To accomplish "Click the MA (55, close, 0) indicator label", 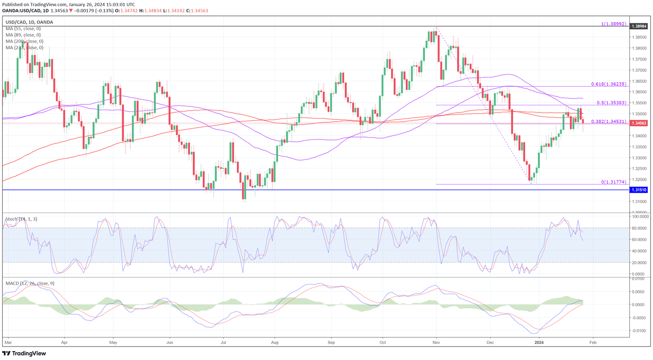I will coord(23,28).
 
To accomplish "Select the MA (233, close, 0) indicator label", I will coord(24,48).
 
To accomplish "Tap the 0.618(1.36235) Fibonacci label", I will coord(609,84).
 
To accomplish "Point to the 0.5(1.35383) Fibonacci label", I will coord(612,103).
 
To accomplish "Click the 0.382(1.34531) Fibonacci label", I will coord(609,121).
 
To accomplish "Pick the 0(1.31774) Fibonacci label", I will coord(613,182).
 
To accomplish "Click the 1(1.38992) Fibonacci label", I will coord(613,23).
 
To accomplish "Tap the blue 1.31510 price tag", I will coord(639,190).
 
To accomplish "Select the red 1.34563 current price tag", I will coord(639,123).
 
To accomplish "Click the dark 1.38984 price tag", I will coord(639,27).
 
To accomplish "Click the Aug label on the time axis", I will coord(275,342).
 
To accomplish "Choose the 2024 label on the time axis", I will coord(539,342).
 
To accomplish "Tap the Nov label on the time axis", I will coord(437,342).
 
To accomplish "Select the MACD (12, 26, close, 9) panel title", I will coord(29,283).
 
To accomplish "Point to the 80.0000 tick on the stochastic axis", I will coord(640,228).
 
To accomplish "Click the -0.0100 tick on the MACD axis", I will coord(640,331).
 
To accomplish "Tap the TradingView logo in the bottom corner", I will coord(24,353).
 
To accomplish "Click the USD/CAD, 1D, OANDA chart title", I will coord(29,22).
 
